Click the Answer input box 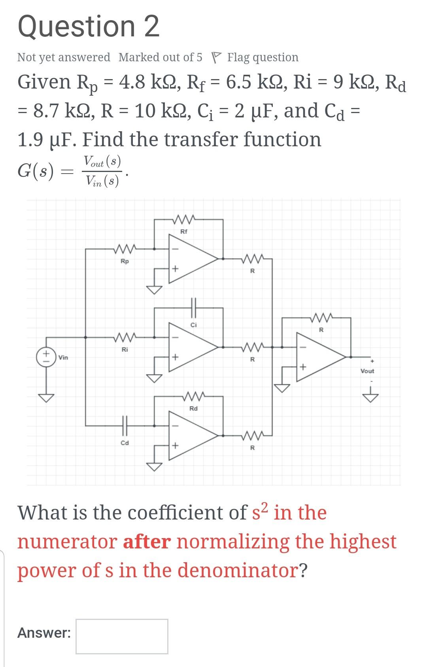click(x=122, y=636)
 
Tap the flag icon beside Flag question click(x=215, y=57)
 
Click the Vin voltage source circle click(x=46, y=357)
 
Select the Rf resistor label click(x=184, y=231)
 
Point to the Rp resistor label click(x=125, y=261)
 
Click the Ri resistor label click(x=125, y=350)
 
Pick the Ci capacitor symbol click(x=193, y=308)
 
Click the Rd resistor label click(x=193, y=408)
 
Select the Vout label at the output click(x=367, y=371)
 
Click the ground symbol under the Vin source click(x=46, y=397)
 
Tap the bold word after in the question click(x=147, y=542)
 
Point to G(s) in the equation click(x=36, y=172)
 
